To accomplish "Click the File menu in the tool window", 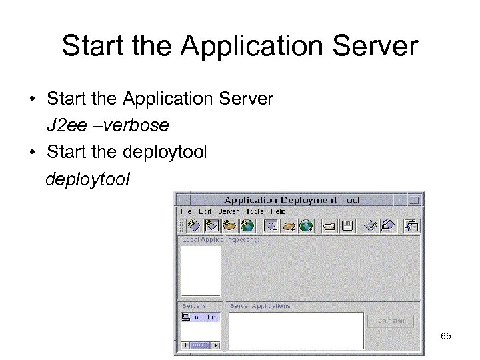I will pos(185,211).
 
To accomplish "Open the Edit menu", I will pos(205,211).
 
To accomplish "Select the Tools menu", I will pos(254,211).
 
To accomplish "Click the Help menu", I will pos(277,211).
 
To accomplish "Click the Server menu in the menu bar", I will pos(229,211).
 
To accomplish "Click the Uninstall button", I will pos(390,321).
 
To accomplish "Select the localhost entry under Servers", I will pos(207,318).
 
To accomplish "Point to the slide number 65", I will pos(446,337).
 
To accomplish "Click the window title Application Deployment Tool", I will pos(291,199).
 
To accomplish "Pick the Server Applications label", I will pos(260,306).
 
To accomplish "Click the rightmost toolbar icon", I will pos(411,226).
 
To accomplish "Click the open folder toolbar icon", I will pos(329,226).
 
